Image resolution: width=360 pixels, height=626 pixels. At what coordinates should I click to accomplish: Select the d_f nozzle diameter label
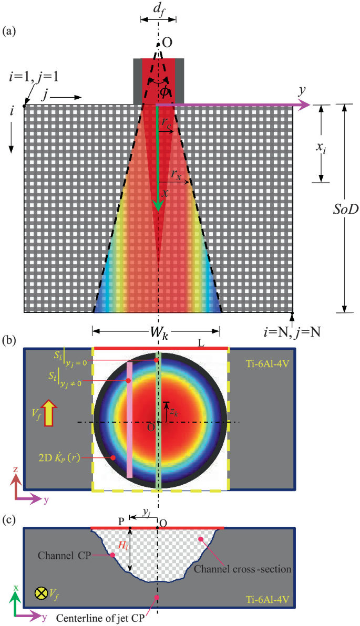point(158,9)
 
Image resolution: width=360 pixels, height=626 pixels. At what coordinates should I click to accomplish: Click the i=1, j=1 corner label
point(34,77)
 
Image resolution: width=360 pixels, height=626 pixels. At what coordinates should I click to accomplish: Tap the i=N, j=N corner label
point(292,332)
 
